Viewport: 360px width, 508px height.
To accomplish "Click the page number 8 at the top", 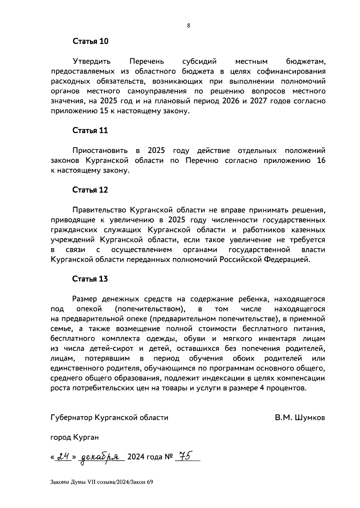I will pos(188,26).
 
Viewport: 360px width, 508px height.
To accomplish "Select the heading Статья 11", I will pos(90,131).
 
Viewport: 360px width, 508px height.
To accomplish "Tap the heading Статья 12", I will pos(90,190).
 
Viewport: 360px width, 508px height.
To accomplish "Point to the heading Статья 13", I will pos(90,279).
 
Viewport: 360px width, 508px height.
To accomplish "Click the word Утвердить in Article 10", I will pos(91,62).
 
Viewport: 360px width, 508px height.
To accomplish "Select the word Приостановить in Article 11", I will pos(100,150).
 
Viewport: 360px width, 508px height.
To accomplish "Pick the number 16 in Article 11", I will pos(321,161).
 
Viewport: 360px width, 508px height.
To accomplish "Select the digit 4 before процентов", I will pos(261,388).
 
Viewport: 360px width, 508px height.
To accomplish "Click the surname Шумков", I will pos(310,418).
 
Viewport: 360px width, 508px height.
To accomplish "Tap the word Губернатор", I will pos(71,418).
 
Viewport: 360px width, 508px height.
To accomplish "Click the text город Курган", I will pos(74,437).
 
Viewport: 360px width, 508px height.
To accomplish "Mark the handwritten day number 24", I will pos(63,457).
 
